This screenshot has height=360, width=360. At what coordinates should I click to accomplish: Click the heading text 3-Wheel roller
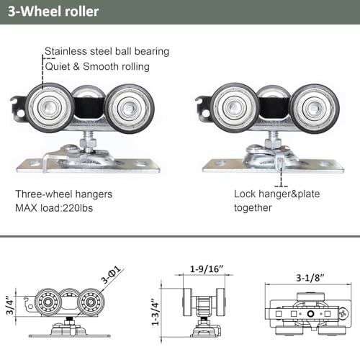coord(53,12)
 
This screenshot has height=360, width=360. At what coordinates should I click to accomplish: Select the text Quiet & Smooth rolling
coord(97,66)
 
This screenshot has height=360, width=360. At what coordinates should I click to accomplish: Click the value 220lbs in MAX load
coord(78,208)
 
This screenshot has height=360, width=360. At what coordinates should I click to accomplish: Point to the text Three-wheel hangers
coord(64,194)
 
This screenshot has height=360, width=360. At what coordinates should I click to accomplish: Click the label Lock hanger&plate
coord(277,194)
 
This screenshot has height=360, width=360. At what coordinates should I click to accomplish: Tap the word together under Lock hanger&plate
coord(253,207)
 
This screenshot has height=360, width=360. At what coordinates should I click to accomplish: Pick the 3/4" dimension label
coord(10,305)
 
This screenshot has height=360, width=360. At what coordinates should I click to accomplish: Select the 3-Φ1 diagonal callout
coord(110,274)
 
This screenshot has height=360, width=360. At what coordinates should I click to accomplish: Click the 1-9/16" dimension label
coord(207,269)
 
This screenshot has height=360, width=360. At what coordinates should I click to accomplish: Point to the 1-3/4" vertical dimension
coord(156,312)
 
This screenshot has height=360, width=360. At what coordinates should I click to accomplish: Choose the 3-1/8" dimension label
coord(310,278)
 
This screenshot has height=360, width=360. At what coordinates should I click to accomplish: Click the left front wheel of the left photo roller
coord(50,107)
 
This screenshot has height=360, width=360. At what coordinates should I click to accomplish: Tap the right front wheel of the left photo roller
coord(130,109)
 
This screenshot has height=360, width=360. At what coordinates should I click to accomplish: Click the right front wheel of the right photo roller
coord(314,109)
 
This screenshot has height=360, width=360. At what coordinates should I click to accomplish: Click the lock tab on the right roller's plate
coord(280,162)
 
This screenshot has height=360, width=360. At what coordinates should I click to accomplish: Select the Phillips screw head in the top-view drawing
coord(343,313)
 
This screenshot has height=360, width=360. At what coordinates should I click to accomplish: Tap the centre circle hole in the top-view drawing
coord(310,314)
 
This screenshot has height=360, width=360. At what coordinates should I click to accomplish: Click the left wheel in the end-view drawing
coord(187,302)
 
